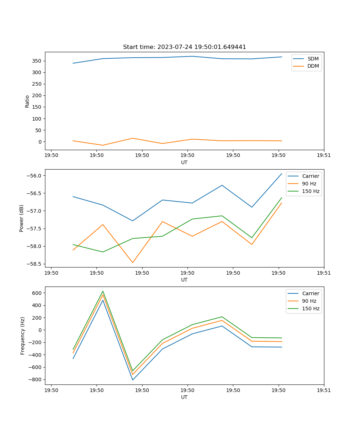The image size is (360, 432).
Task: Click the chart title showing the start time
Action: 184,47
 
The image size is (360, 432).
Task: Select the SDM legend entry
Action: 313,59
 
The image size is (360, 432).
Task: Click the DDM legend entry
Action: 313,66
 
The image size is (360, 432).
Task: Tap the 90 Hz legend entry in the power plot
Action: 309,184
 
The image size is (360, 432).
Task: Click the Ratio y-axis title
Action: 27,101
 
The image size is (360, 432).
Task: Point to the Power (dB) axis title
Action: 22,218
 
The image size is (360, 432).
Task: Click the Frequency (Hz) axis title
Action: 23,336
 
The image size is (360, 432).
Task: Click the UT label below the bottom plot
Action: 184,397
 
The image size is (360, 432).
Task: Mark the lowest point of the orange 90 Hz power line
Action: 132,262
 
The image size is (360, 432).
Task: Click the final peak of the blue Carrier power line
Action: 282,174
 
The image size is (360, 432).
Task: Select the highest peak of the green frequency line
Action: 103,291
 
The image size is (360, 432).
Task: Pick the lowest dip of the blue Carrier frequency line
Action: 132,380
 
